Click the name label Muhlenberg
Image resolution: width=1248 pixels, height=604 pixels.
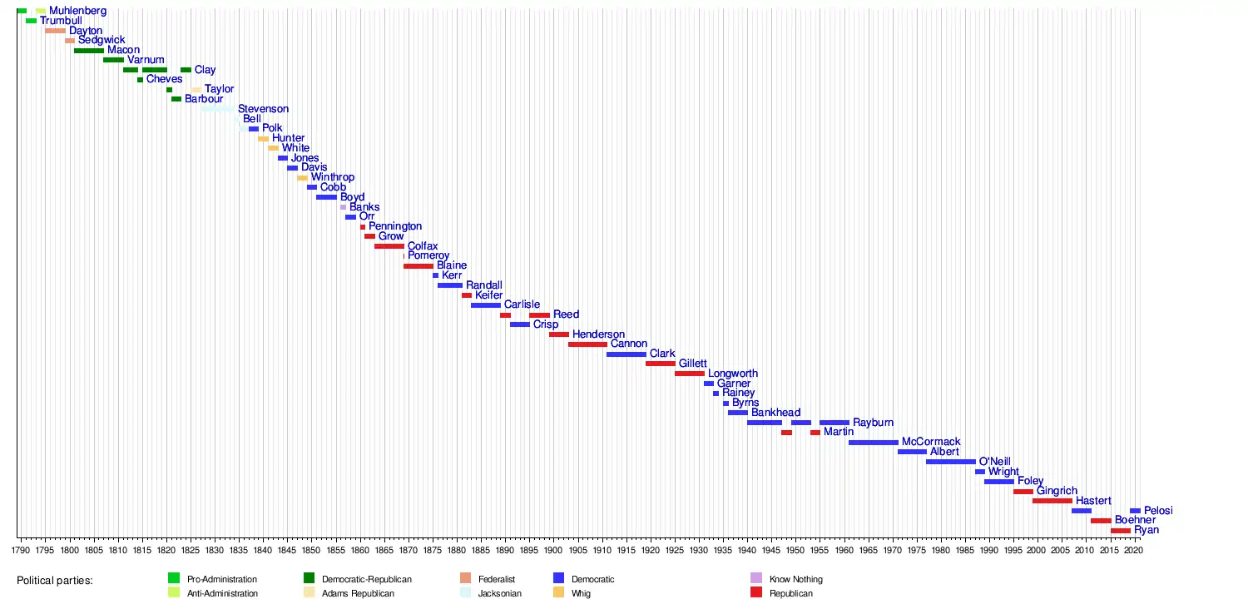tap(77, 11)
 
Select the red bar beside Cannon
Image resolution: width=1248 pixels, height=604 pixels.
tap(587, 344)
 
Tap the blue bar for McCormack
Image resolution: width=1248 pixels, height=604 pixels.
tap(873, 443)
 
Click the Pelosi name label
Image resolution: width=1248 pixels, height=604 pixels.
tap(1158, 511)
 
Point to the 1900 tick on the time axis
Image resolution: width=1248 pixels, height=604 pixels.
tap(553, 549)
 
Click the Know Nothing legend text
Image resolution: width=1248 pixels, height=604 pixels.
tap(796, 579)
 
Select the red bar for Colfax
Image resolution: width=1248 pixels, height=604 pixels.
tap(389, 246)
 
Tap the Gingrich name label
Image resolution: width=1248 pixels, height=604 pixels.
tap(1057, 491)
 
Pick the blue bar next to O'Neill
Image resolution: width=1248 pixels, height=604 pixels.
tap(950, 462)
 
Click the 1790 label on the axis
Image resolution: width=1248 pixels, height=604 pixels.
tap(21, 549)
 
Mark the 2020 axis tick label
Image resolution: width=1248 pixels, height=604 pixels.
tap(1132, 549)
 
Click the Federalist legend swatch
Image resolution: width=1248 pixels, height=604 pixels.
tap(465, 579)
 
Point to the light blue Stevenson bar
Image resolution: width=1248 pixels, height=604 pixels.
tap(218, 109)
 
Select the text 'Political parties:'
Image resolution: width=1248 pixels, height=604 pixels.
tap(54, 580)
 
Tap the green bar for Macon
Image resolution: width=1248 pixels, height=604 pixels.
tap(89, 51)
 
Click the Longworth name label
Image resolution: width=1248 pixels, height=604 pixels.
tap(732, 374)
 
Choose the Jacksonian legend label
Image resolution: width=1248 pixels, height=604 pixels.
tap(499, 593)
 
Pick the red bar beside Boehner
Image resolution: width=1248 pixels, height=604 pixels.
tap(1101, 521)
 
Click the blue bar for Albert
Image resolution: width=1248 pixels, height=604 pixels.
tap(912, 452)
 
